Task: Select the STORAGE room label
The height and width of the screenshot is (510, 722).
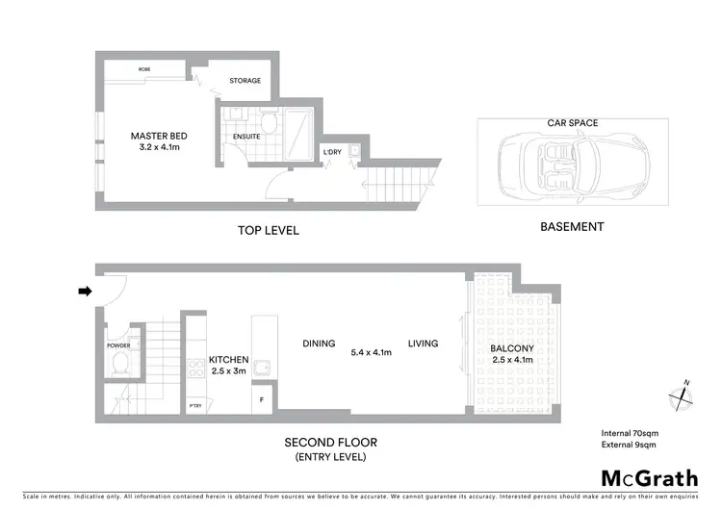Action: (245, 81)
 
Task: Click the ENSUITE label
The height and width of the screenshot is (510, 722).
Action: (246, 137)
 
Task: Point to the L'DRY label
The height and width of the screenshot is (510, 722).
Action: (332, 151)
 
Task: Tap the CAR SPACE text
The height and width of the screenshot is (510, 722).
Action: (572, 123)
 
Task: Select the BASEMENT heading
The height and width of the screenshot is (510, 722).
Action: (572, 227)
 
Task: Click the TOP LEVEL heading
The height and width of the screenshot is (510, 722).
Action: (268, 231)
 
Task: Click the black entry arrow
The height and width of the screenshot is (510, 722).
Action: (84, 291)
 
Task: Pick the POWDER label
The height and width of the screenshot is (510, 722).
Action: (118, 345)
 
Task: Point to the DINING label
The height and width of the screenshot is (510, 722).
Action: (319, 344)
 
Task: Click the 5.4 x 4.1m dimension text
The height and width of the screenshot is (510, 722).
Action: (371, 353)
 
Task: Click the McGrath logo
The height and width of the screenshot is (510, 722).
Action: (643, 478)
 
